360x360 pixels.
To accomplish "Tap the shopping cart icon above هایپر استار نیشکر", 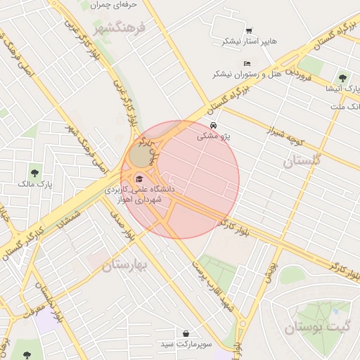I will (x=249, y=30).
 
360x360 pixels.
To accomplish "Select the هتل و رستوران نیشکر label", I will (x=243, y=74).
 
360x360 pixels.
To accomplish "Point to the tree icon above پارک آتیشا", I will (x=342, y=77).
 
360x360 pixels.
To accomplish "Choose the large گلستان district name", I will (x=302, y=161).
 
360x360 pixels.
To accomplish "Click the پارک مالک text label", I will (x=34, y=184).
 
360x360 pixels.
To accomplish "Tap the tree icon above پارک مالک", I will (x=34, y=172).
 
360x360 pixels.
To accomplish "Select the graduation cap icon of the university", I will (x=139, y=179).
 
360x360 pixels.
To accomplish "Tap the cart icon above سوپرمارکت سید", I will (x=186, y=333).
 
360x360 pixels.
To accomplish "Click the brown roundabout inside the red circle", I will (x=139, y=155).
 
